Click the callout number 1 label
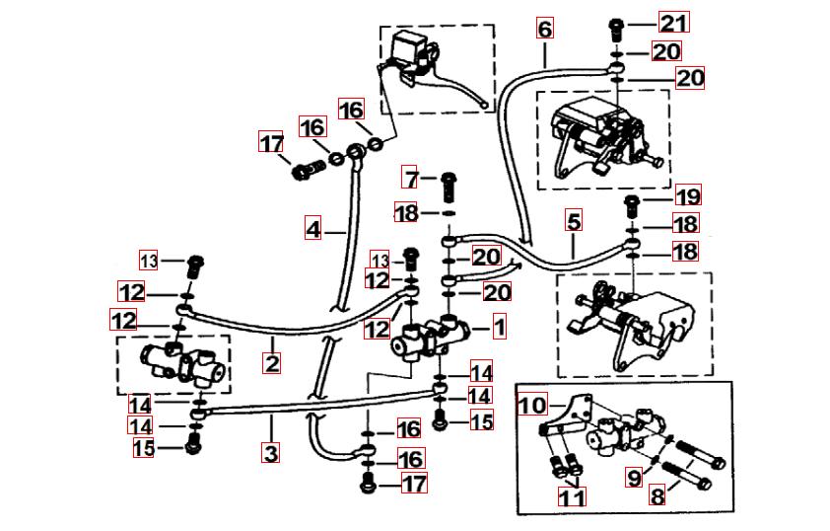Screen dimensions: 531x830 (499, 326)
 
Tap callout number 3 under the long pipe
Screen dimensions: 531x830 (271, 454)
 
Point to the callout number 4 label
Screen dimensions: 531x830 (313, 229)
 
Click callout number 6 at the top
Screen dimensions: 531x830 (545, 29)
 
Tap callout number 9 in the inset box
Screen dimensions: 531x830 (633, 478)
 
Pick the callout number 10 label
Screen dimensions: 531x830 (531, 406)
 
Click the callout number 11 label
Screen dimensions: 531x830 (570, 497)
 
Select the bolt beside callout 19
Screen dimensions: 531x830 (631, 204)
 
